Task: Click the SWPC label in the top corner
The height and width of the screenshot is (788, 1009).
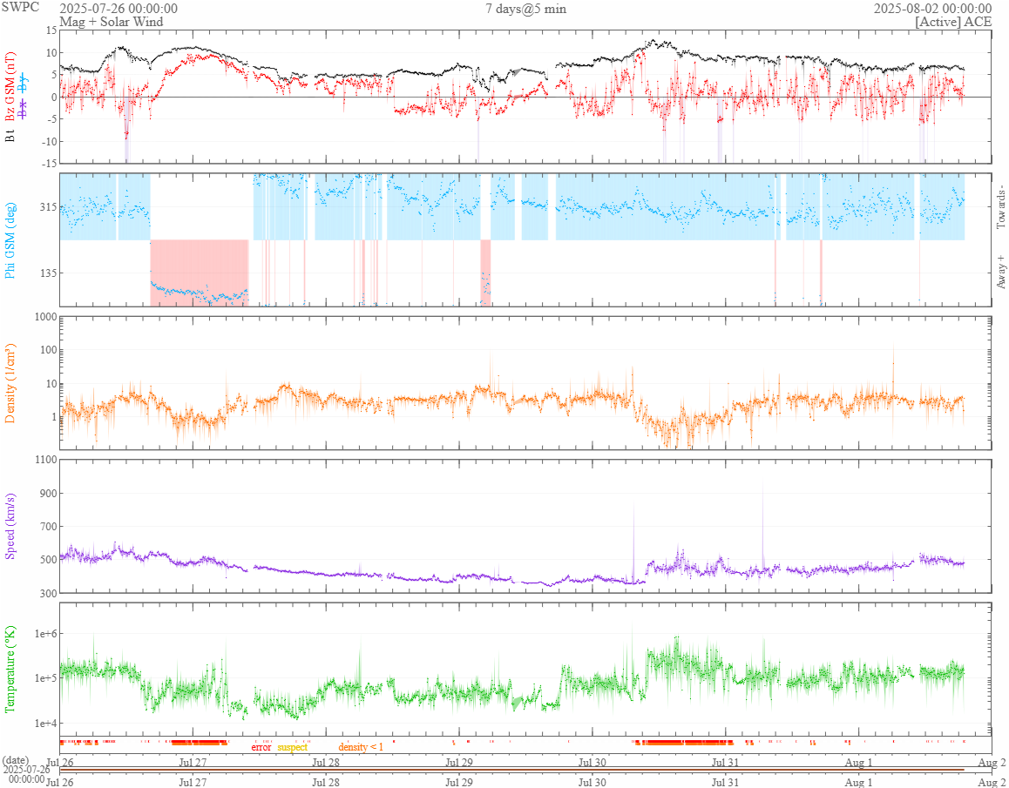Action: (21, 7)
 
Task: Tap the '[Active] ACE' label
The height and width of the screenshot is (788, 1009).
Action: (953, 23)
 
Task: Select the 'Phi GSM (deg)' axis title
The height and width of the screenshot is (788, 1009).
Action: (11, 240)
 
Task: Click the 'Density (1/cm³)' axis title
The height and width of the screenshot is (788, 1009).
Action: (11, 383)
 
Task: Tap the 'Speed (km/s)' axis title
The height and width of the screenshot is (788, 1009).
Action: (11, 526)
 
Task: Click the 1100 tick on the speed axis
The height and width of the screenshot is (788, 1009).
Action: (44, 460)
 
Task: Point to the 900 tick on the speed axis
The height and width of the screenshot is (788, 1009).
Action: (46, 494)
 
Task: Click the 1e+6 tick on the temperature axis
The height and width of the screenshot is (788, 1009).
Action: (43, 633)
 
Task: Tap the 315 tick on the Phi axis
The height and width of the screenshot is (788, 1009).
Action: (47, 207)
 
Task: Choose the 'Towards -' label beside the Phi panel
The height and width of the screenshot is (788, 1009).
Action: (1000, 208)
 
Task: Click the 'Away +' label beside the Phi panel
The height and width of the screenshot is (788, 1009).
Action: (1000, 272)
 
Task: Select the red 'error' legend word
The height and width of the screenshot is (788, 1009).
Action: (261, 747)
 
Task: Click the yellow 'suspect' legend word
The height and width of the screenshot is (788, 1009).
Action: (293, 747)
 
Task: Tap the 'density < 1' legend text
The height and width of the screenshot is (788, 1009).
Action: (361, 747)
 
